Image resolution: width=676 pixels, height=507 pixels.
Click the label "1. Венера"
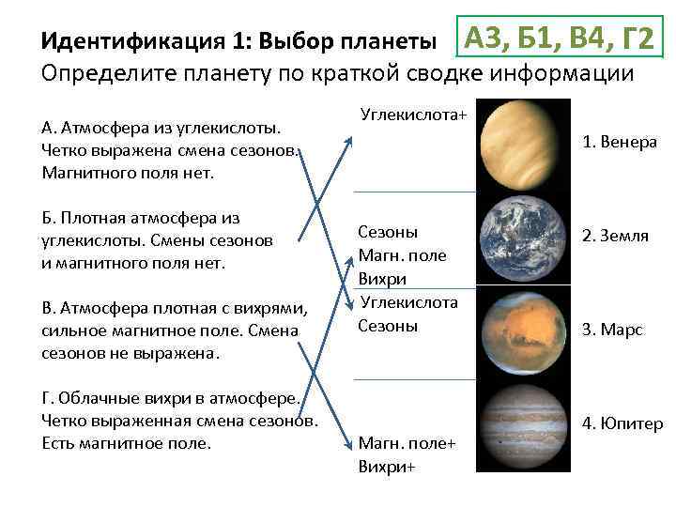click(620, 143)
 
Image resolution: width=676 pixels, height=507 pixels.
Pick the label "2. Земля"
click(615, 236)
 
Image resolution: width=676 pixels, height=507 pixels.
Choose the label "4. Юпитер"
click(622, 423)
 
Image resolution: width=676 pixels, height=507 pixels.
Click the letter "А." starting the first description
click(51, 128)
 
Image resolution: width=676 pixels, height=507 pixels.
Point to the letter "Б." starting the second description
click(50, 219)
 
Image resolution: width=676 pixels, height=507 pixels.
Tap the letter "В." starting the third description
click(50, 310)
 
